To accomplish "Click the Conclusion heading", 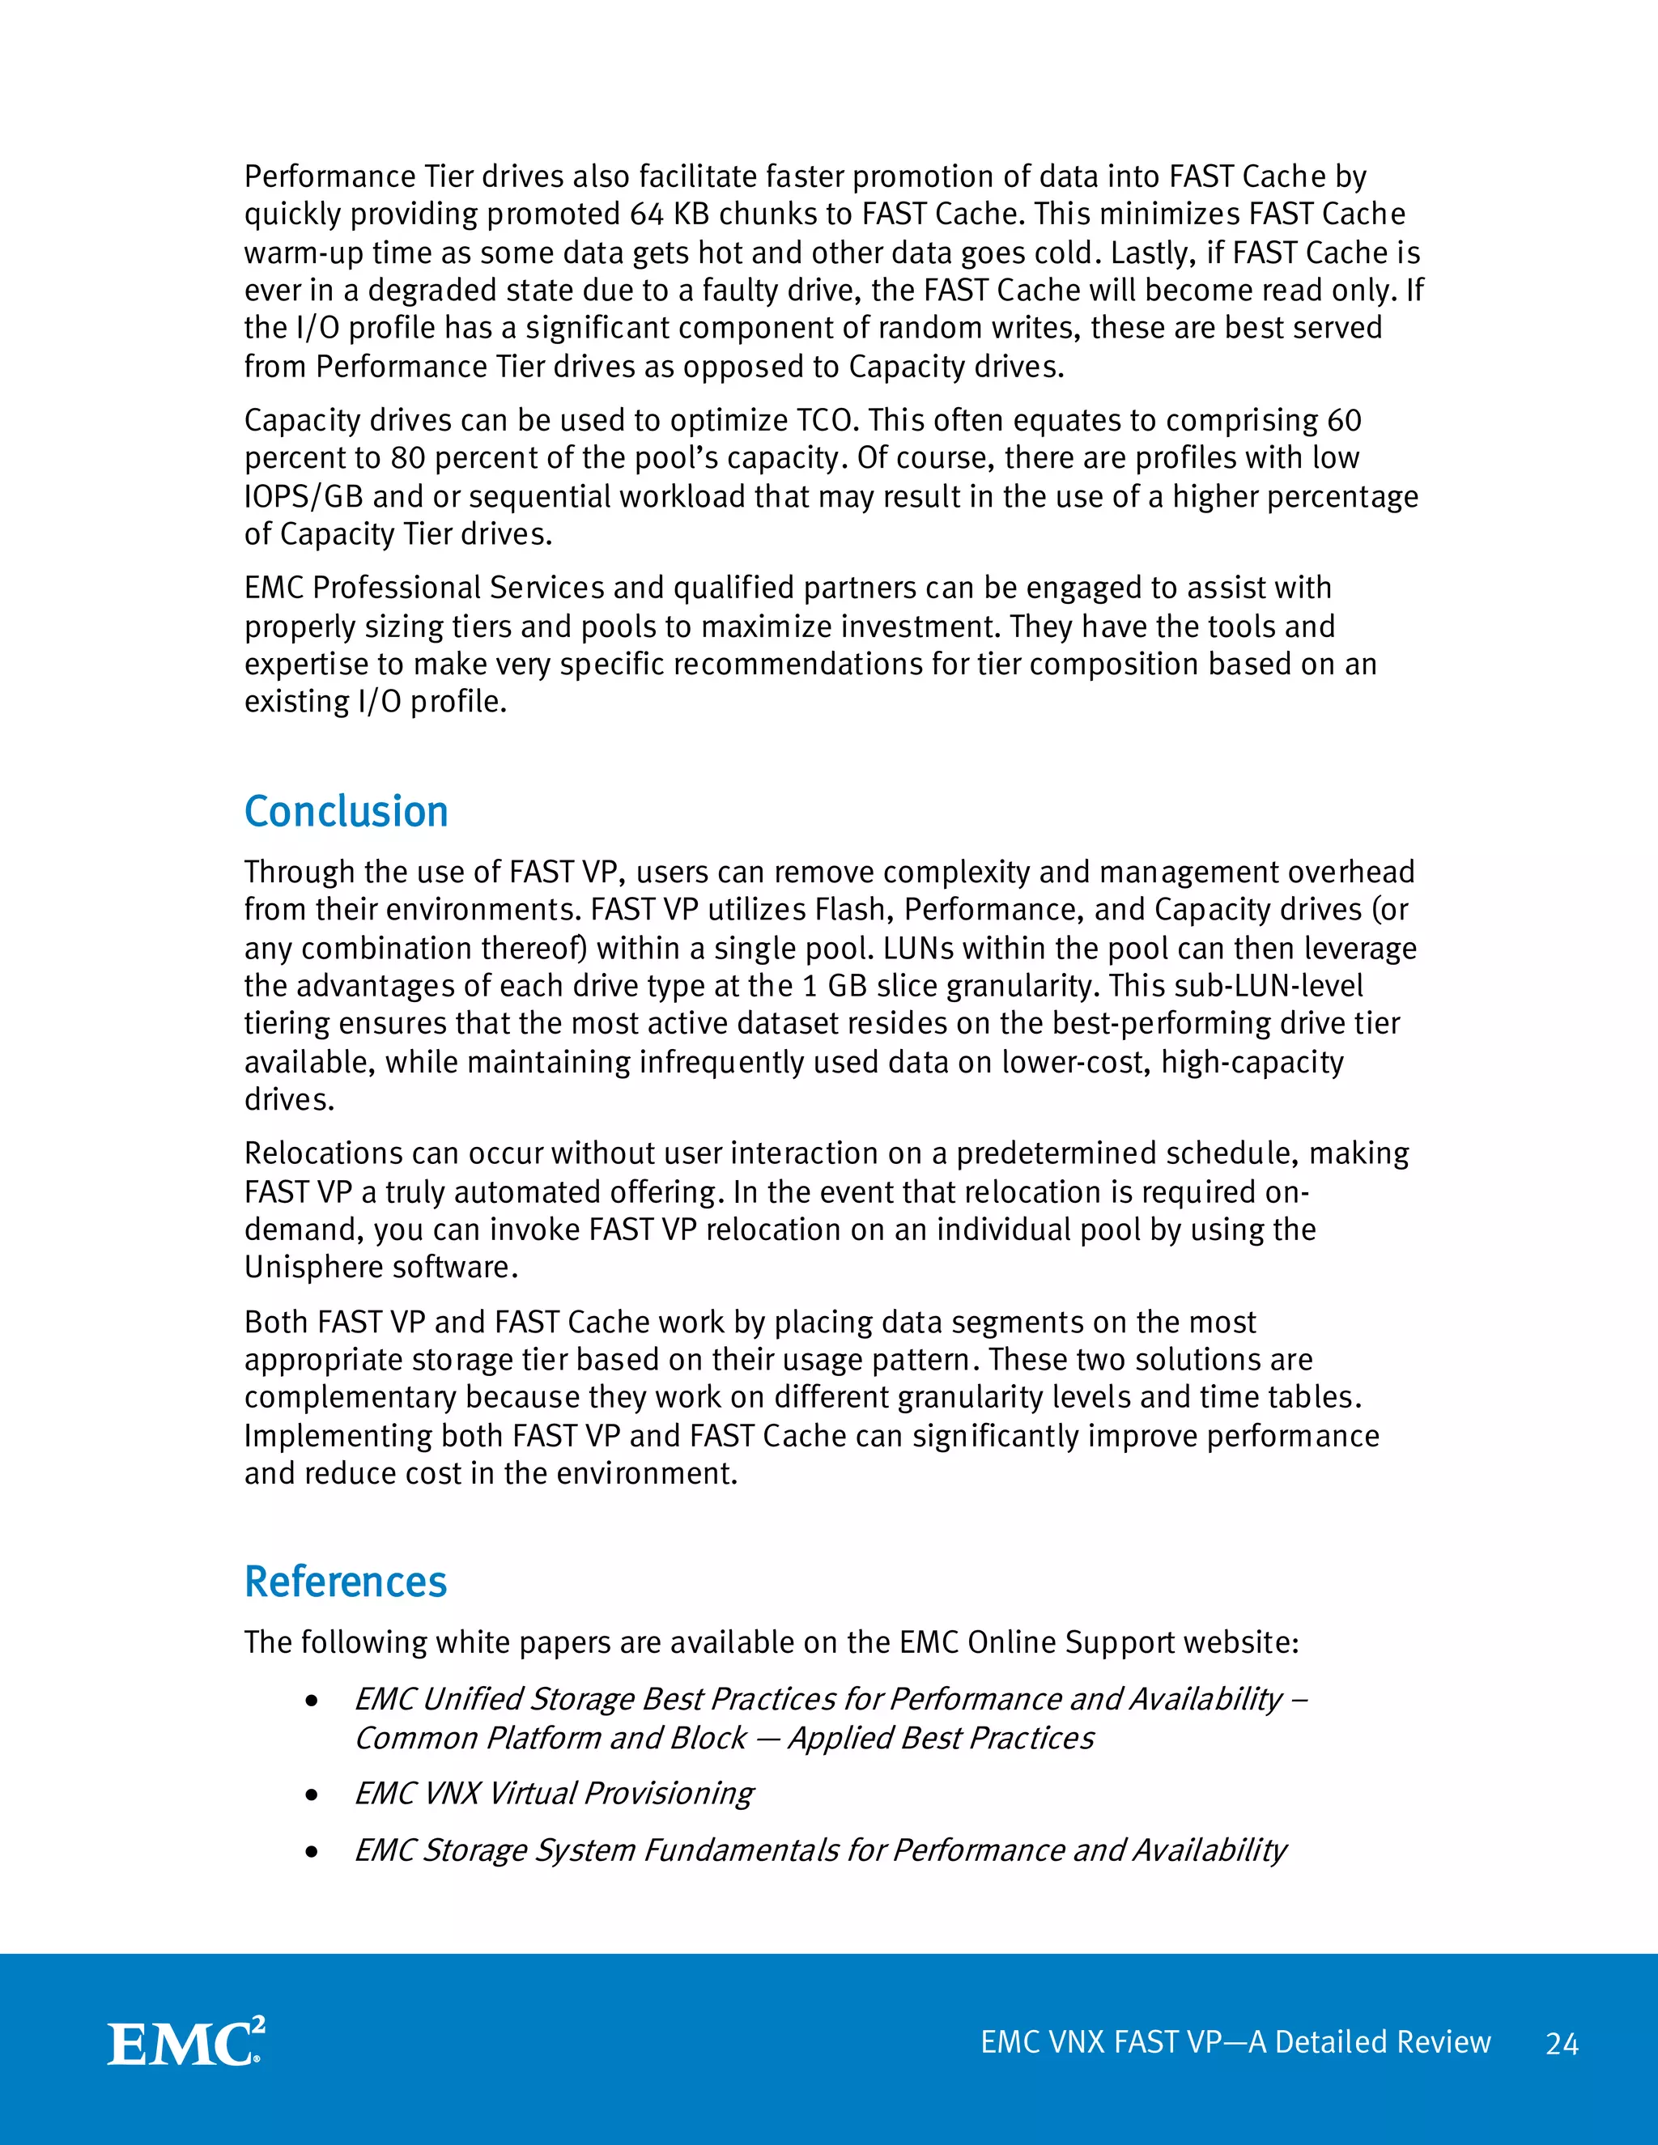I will click(x=346, y=812).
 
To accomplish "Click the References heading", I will click(x=346, y=1582).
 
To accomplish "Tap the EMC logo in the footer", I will click(x=185, y=2043).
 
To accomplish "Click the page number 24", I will click(x=1562, y=2044).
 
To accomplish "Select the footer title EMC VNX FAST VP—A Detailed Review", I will click(x=1235, y=2042).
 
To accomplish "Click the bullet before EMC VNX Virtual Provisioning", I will click(x=312, y=1795).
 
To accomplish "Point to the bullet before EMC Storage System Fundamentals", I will click(x=312, y=1852).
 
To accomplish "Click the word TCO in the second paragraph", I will click(x=827, y=420).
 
